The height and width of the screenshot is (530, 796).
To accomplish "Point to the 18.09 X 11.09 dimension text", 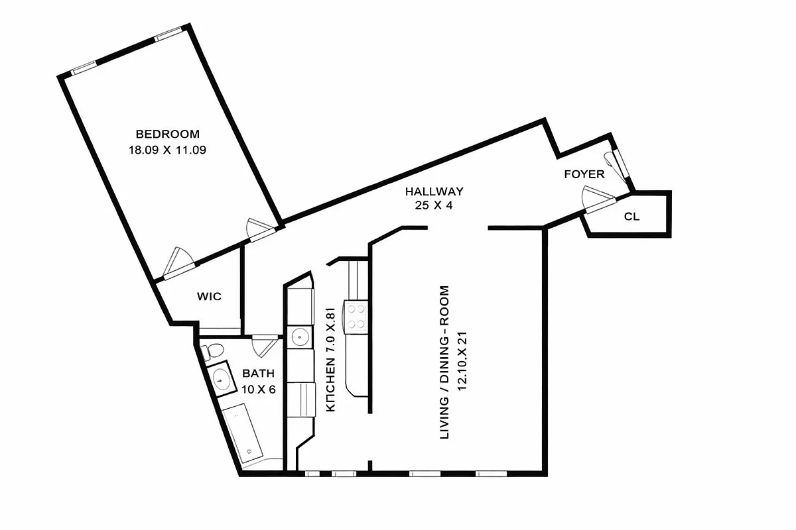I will [x=167, y=150].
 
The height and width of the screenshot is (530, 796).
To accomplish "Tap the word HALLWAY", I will [x=434, y=191].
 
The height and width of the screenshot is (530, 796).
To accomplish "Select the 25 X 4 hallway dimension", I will [x=434, y=205].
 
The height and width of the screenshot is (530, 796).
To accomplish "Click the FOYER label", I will [x=584, y=174].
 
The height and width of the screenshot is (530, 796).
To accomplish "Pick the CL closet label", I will [x=631, y=216].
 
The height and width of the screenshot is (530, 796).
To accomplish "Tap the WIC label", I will [x=209, y=296].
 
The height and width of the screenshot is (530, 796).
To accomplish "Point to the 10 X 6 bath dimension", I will [x=257, y=390].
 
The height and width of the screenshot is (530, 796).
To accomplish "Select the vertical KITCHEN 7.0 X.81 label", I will [x=333, y=358].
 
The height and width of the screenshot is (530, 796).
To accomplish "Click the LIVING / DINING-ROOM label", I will [x=445, y=362].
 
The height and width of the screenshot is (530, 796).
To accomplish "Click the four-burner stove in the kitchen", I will [x=356, y=315].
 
